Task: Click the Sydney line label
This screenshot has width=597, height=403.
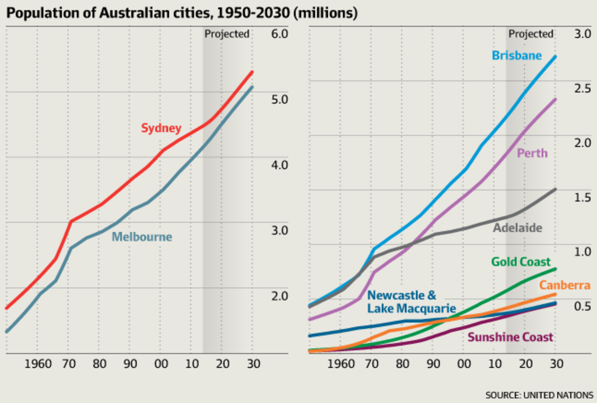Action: pos(161,128)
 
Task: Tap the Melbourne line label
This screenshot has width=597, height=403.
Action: pos(142,237)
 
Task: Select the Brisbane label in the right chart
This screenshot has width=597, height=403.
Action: pos(516,55)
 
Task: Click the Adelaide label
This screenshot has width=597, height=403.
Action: pos(517,228)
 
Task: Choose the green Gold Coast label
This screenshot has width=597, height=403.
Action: pos(521,262)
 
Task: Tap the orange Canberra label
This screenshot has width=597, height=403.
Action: pos(565,286)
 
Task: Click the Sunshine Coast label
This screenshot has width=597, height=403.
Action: pos(510,337)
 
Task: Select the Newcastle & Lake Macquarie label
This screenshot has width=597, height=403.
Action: pos(411,302)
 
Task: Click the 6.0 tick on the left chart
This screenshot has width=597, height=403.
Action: pos(279,34)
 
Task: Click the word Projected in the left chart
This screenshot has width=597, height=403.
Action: pos(227,34)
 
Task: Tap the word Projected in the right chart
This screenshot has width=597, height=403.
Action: pos(530,34)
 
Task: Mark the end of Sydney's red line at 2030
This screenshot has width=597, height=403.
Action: pos(252,73)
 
